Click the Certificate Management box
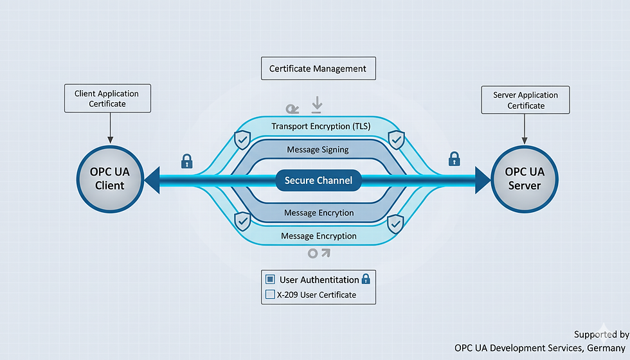pos(318,69)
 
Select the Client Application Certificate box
pos(108,98)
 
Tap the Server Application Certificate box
pos(525,100)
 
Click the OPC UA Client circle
pos(109,178)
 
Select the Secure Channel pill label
pos(318,181)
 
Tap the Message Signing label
pos(318,149)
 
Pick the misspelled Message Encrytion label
pos(318,213)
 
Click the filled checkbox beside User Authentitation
pos(270,280)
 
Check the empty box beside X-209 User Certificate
pos(270,295)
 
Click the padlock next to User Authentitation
pos(366,279)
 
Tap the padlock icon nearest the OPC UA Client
pos(186,161)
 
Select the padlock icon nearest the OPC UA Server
pos(454,158)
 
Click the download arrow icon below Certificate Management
pos(316,105)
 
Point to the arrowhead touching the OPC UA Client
pos(152,180)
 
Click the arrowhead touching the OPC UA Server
pos(482,180)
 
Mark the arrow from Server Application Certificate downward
pos(525,128)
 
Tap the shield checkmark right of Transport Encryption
pos(397,138)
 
